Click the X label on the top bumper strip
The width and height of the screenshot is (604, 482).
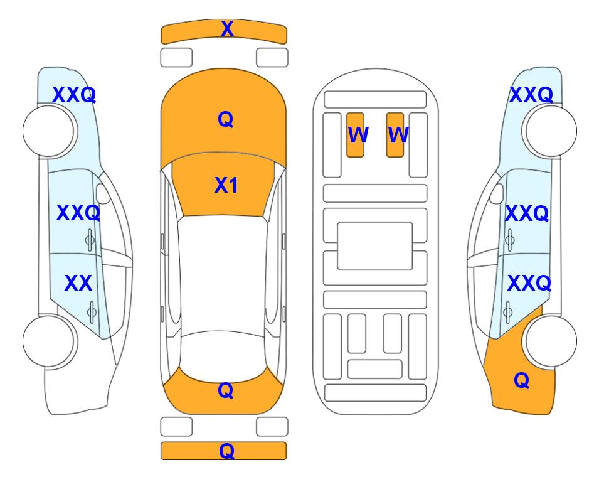(x=227, y=29)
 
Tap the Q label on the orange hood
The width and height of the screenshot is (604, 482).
(x=226, y=119)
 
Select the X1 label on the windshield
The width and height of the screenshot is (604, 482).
(x=226, y=185)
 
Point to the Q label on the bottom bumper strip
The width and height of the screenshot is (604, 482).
(x=227, y=451)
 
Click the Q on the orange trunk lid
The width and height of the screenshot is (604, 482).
(x=226, y=390)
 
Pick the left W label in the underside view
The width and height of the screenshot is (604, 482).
(x=358, y=135)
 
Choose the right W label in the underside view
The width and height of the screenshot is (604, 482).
(x=398, y=135)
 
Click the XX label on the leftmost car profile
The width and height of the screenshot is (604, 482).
(x=78, y=283)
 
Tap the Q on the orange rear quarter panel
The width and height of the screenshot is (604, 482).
(x=522, y=380)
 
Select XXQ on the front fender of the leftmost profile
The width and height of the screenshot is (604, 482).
(x=74, y=95)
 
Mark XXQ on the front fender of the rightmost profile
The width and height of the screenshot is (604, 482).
(x=531, y=95)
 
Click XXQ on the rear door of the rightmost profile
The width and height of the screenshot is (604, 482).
(x=529, y=284)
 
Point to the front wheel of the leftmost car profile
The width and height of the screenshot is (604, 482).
(x=48, y=131)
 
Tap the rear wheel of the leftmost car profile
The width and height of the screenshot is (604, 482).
(x=48, y=341)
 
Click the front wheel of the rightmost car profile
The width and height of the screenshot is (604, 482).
(x=551, y=131)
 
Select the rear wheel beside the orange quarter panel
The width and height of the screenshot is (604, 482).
(x=551, y=341)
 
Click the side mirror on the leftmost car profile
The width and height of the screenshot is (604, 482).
(x=102, y=193)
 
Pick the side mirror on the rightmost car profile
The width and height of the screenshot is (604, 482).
(x=497, y=193)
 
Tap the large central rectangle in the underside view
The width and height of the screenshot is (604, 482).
(x=375, y=246)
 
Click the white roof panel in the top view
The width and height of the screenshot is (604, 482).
(x=223, y=274)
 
